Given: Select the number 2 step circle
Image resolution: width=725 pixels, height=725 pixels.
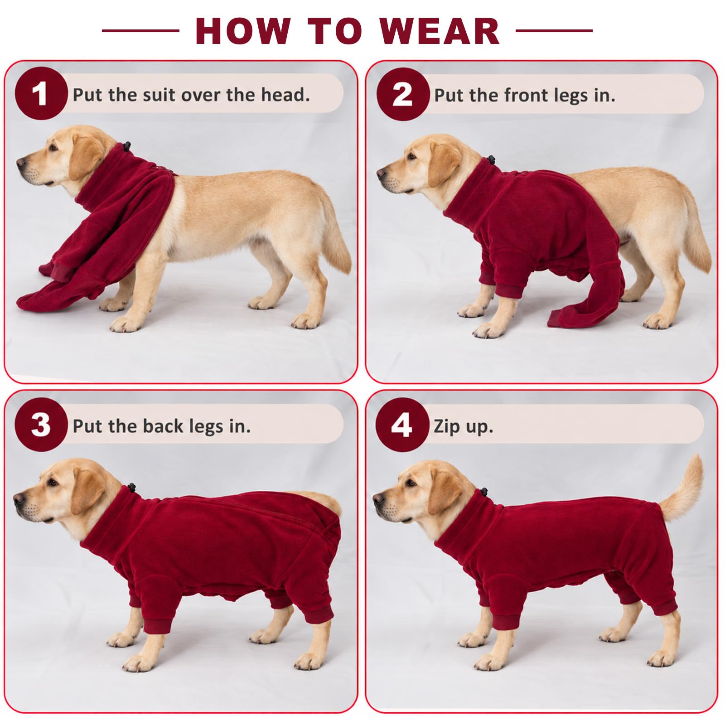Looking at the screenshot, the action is (402, 94).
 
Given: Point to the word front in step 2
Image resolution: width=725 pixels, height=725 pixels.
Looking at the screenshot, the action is (523, 95).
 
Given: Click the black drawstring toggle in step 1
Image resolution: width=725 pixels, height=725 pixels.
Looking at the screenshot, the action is (127, 146).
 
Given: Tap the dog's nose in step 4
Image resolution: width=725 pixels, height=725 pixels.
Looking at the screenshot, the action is (378, 498).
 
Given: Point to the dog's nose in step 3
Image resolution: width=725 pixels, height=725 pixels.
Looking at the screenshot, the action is (19, 499).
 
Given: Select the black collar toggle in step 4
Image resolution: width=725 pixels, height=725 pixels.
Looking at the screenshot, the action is (484, 492).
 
